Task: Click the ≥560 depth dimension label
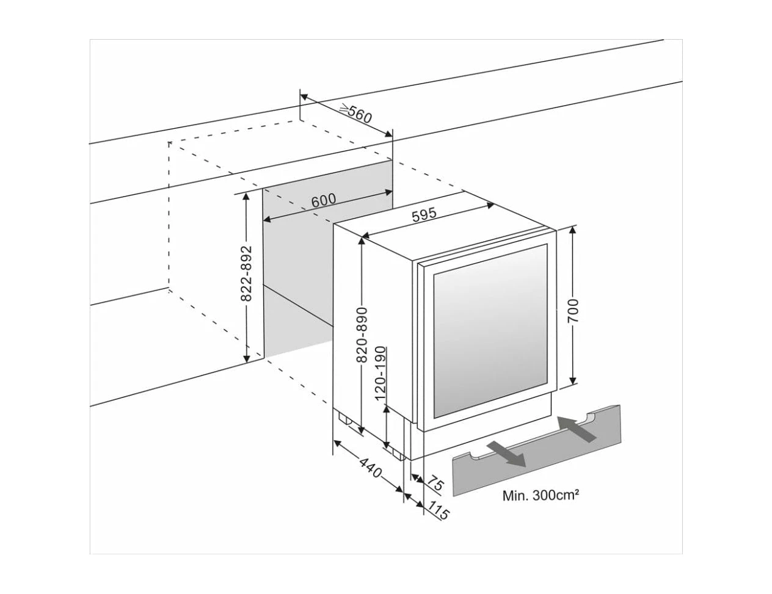coord(356,114)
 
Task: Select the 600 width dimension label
coord(324,201)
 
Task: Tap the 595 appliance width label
coord(423,216)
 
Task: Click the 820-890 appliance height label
coord(362,334)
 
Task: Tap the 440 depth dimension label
coord(370,469)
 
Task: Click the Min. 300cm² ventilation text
coord(540,496)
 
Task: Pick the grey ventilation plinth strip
coord(537,452)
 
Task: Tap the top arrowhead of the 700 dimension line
coord(573,230)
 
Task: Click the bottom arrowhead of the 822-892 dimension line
coord(247,358)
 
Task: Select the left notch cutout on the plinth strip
coord(473,455)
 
